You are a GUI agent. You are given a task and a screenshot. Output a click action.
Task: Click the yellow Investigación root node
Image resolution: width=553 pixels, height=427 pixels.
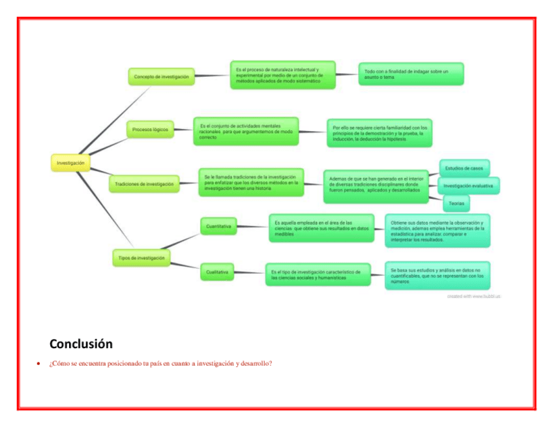[70, 162]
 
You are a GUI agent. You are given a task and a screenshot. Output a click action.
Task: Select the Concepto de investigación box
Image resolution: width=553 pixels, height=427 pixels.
[162, 76]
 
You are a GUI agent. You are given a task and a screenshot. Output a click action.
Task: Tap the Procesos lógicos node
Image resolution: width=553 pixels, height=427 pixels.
[150, 129]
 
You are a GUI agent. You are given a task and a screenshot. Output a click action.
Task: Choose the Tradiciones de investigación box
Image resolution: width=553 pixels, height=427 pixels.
[144, 184]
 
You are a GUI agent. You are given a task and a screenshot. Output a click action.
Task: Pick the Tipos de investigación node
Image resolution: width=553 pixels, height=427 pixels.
[141, 258]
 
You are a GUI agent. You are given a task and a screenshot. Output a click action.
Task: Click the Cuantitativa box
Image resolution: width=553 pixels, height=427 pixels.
[218, 226]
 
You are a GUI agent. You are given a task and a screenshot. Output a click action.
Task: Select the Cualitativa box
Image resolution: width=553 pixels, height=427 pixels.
[217, 272]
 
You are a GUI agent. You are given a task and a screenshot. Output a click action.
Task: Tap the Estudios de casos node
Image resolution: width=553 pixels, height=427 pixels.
[464, 168]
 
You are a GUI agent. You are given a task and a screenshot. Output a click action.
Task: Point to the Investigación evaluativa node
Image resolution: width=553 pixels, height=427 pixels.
[468, 186]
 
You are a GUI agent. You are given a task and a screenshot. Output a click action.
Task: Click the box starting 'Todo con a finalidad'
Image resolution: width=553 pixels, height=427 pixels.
[410, 74]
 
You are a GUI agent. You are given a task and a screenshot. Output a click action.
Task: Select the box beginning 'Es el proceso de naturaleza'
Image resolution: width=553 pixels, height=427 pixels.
[282, 75]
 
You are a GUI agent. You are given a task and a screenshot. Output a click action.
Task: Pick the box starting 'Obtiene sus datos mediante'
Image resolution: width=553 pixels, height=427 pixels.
[437, 231]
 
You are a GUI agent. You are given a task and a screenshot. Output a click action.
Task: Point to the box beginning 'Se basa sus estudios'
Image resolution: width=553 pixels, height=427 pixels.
[437, 275]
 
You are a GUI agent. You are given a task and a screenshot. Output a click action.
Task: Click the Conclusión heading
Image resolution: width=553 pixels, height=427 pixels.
[81, 344]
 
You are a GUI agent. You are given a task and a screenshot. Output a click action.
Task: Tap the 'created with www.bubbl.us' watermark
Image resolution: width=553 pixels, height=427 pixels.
[473, 297]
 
